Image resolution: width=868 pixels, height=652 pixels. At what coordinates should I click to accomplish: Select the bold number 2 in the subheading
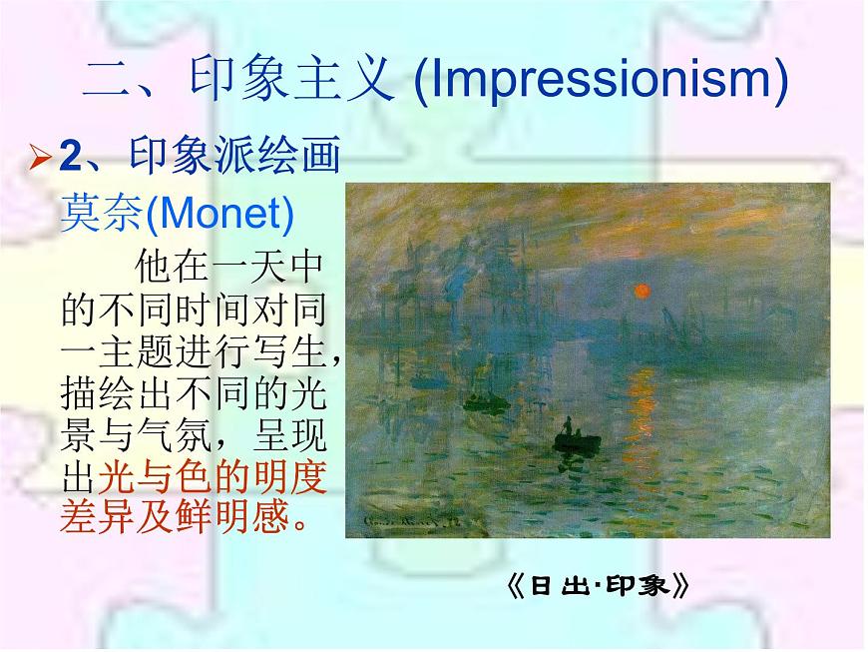[69, 156]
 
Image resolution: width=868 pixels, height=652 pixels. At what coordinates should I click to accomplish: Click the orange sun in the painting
[642, 291]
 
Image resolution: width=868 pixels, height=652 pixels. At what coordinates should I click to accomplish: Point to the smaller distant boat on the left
[482, 403]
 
